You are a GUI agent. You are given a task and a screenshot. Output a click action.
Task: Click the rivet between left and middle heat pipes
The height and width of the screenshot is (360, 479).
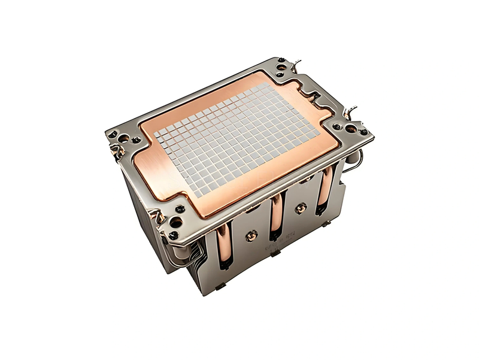[x=250, y=235]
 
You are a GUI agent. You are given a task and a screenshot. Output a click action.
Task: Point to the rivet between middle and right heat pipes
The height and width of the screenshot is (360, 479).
[x=302, y=207]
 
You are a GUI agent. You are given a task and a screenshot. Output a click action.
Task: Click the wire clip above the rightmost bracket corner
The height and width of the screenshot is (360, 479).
[x=353, y=111]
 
